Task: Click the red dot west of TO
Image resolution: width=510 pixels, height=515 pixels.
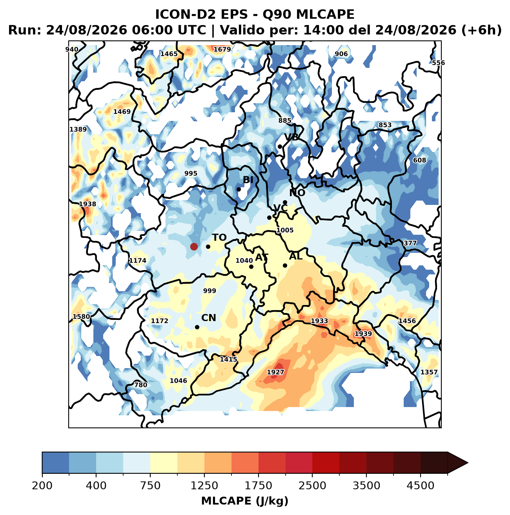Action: click(194, 247)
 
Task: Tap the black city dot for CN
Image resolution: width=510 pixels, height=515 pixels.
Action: click(197, 327)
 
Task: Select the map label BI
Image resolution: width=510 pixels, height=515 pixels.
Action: click(248, 180)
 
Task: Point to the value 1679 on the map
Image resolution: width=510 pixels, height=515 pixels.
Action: click(222, 49)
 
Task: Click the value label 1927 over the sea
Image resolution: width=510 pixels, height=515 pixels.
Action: click(275, 372)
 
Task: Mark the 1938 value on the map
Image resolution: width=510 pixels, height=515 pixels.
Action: click(87, 204)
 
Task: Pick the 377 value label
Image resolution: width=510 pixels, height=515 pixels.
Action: click(410, 243)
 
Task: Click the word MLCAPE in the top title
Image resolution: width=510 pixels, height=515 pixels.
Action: click(325, 15)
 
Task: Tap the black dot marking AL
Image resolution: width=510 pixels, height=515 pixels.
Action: click(285, 265)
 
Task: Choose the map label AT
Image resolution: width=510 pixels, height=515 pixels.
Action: click(262, 257)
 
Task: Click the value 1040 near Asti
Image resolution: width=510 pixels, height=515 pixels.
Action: click(244, 261)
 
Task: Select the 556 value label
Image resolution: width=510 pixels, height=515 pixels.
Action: click(438, 63)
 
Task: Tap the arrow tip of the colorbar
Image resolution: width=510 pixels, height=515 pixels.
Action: click(468, 463)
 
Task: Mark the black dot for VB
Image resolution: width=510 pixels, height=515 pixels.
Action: click(280, 146)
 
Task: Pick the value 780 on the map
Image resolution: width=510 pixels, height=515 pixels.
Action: click(140, 385)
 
